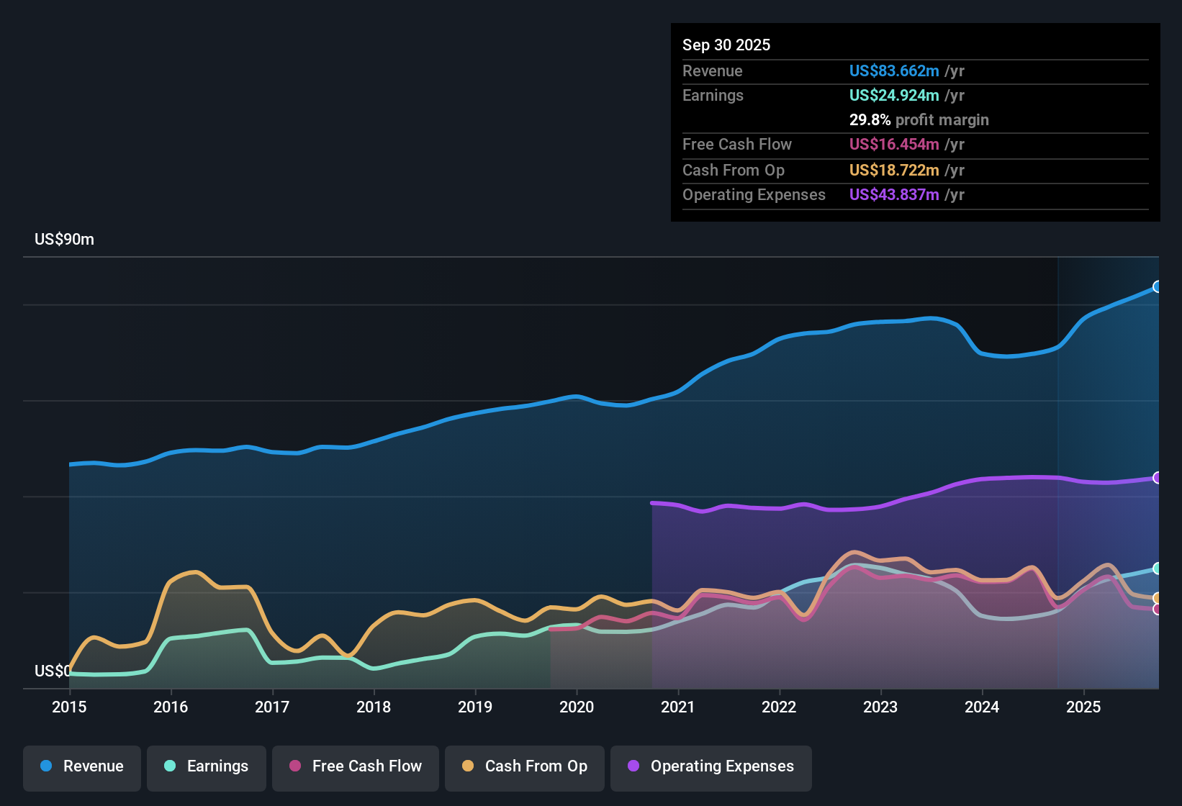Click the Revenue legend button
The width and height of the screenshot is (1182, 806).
82,766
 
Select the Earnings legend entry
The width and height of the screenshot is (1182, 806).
206,766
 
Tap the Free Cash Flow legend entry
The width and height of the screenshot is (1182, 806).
356,766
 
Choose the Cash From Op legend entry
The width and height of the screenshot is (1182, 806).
525,766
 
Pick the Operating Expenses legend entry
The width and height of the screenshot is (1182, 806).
710,766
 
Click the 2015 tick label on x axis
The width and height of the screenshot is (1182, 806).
69,707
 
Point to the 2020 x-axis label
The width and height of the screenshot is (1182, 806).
577,707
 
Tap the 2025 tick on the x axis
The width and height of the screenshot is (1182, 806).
1083,707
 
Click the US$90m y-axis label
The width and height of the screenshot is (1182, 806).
64,240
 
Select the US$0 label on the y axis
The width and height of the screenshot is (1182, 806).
53,671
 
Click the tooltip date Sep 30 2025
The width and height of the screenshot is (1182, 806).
726,45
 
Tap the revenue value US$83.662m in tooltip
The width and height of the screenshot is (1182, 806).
893,71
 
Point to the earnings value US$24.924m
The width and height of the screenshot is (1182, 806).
893,95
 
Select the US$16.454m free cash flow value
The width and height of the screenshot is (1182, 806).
893,144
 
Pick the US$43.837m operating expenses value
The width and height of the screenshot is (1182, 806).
893,194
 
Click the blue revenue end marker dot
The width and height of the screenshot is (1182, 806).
1157,286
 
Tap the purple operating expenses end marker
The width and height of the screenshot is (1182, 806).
1157,478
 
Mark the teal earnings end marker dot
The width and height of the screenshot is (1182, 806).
1157,569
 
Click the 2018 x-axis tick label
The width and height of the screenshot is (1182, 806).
374,707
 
